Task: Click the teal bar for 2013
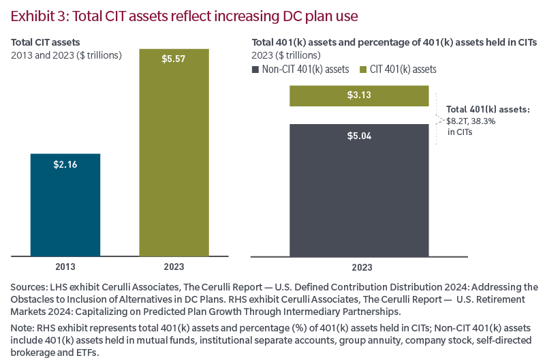click(x=65, y=205)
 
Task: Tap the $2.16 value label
click(x=65, y=164)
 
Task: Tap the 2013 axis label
click(x=65, y=267)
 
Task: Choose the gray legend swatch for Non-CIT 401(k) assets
click(x=256, y=70)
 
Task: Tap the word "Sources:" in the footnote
click(x=28, y=287)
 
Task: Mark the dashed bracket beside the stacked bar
click(x=436, y=119)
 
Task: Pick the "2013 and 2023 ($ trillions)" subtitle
click(x=66, y=55)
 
